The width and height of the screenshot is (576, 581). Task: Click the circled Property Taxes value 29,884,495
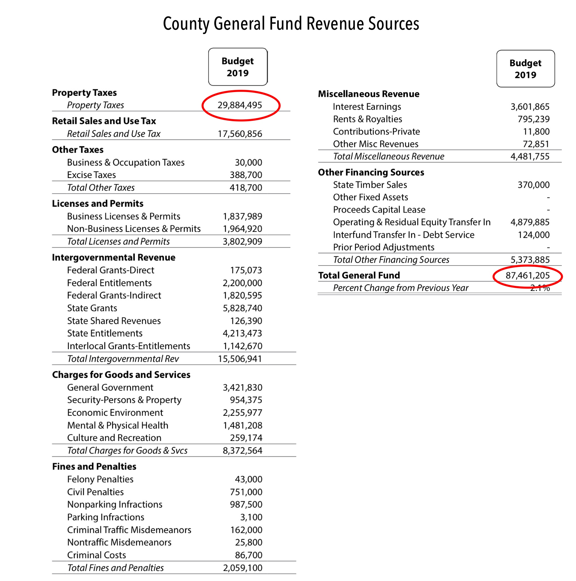click(x=240, y=105)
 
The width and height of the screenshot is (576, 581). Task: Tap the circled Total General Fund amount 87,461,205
click(x=527, y=276)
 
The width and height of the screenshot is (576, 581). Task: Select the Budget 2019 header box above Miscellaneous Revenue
click(x=525, y=69)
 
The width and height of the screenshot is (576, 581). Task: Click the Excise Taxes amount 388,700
click(x=246, y=175)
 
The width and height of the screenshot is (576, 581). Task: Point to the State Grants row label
click(x=92, y=308)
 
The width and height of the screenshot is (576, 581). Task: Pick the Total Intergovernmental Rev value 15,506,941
click(x=240, y=359)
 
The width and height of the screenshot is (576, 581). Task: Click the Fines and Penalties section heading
click(x=94, y=467)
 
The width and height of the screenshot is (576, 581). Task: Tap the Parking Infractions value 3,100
click(x=251, y=517)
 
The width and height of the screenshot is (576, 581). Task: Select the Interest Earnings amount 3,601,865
click(x=530, y=107)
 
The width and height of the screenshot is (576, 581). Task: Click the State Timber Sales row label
click(x=370, y=185)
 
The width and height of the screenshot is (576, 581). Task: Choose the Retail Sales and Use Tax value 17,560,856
click(x=240, y=134)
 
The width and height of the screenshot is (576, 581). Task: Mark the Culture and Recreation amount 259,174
click(x=246, y=438)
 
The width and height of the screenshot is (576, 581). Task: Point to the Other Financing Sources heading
click(x=371, y=172)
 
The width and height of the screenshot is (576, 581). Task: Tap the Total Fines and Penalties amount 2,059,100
click(x=242, y=568)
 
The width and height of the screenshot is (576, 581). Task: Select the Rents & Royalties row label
click(x=367, y=119)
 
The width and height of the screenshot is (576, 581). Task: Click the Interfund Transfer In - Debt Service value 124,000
click(x=534, y=235)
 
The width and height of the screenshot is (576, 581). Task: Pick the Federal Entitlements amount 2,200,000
click(x=242, y=283)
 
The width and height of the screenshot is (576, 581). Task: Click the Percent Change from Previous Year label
click(x=400, y=288)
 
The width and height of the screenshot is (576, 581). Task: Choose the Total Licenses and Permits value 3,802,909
click(x=242, y=242)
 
